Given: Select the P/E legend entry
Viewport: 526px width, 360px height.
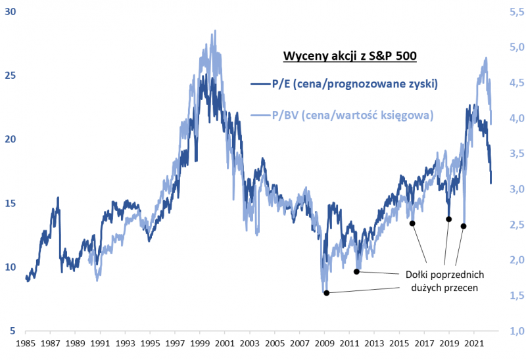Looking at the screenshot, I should coord(345,84).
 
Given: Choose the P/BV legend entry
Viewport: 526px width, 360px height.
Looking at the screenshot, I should coord(343,115).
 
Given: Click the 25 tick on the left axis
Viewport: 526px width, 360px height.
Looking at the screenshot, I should coord(11,76).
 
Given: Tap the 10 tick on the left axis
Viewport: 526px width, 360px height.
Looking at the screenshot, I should coord(11,267).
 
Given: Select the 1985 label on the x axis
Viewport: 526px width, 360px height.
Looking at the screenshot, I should coord(26,344).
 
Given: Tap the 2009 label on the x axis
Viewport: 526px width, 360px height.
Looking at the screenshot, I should coord(324,344).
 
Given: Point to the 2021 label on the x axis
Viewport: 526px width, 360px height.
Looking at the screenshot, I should coord(473,344).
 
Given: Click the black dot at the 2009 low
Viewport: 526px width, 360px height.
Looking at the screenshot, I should coord(326,293).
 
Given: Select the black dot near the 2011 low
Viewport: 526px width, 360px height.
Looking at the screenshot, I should coord(356,271).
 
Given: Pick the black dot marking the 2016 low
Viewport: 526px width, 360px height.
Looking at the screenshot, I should coord(412,223).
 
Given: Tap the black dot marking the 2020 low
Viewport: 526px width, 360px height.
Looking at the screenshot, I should coord(464,226).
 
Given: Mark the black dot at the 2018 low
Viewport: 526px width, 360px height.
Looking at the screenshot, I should coord(449,219).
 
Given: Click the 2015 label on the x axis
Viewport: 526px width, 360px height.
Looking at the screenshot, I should coord(399,344).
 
